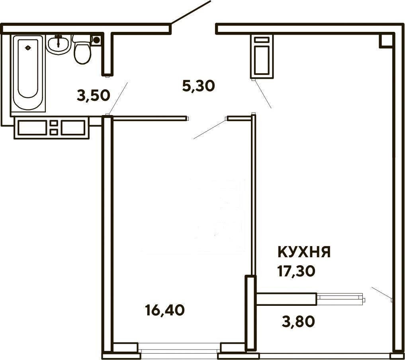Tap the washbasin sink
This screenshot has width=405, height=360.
pos(59,45)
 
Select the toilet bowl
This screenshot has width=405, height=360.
pos(82,50)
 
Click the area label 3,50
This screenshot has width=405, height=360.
pos(94,96)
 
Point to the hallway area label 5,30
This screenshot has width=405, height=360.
pos(198,86)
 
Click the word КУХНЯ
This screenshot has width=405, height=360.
pos(304,252)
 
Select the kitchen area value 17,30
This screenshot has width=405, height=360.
pos(296,271)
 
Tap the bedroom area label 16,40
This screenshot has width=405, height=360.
pos(165,310)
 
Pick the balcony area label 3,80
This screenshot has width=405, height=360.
pos(298,322)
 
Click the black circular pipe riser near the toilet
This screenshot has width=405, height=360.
pos(97,40)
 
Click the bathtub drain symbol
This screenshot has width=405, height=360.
pos(28,48)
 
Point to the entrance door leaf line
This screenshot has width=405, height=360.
pos(191,12)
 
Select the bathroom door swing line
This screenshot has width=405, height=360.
pos(118,99)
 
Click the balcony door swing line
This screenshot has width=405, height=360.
pos(382,293)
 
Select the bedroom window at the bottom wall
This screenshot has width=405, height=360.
pos(179,350)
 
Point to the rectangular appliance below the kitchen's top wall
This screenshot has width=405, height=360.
pos(262,56)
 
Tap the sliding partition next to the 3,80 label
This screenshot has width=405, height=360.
pos(340,298)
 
